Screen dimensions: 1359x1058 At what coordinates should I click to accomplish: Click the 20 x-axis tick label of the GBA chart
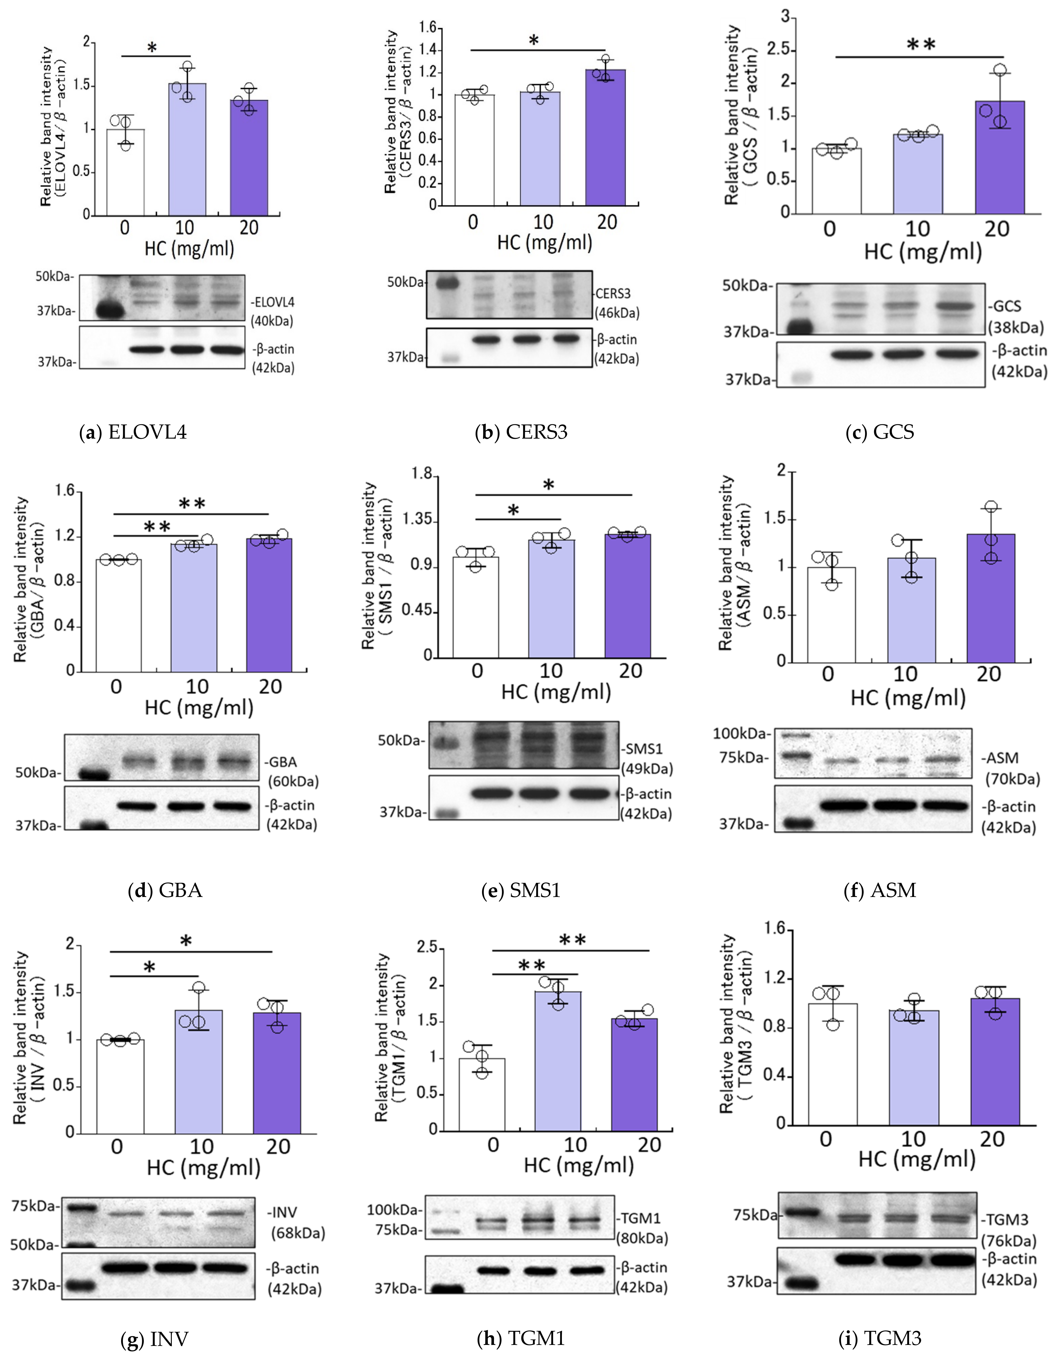(270, 687)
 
